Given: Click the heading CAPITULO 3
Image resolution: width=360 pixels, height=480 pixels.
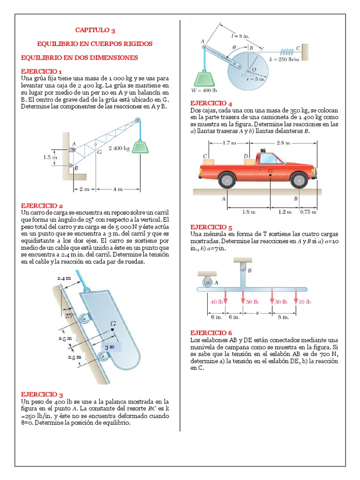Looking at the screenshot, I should tap(95, 30).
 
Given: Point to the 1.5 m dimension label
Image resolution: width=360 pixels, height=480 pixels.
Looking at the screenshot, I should tap(50, 157).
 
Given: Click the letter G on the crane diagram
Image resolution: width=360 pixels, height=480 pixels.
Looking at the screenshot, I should tap(99, 151).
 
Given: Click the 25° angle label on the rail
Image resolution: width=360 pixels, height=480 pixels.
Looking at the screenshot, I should tap(70, 316).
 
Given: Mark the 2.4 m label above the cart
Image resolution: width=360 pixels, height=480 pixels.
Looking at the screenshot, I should tap(64, 278).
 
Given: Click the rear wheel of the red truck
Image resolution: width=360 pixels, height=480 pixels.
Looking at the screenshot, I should tap(227, 179).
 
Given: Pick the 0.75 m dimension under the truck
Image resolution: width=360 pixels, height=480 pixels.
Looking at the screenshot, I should tap(308, 211).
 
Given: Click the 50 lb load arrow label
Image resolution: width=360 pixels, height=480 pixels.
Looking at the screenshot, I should tap(252, 302).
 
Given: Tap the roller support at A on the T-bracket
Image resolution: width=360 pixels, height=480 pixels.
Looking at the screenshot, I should tap(206, 282).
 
